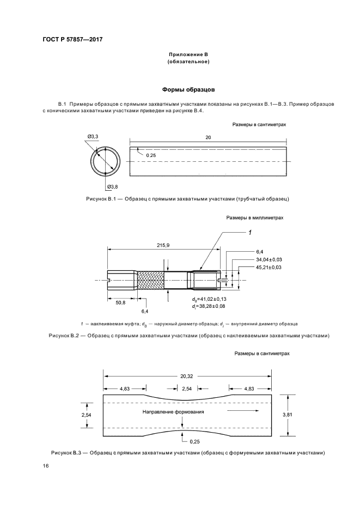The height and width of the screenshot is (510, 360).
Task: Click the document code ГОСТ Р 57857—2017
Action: tap(72, 39)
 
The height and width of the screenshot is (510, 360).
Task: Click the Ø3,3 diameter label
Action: tap(93, 137)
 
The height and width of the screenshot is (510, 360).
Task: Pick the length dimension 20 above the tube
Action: tap(208, 138)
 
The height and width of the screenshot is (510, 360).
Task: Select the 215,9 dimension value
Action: tap(163, 246)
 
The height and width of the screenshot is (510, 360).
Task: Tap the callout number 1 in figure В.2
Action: tap(250, 233)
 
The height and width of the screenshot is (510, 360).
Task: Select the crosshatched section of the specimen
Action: tap(150, 280)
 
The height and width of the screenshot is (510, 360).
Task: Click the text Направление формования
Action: tap(173, 412)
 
